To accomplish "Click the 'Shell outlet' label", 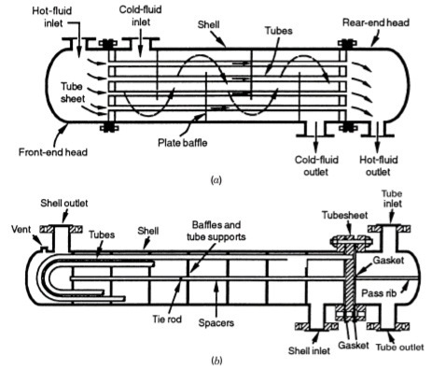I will [62, 204].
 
